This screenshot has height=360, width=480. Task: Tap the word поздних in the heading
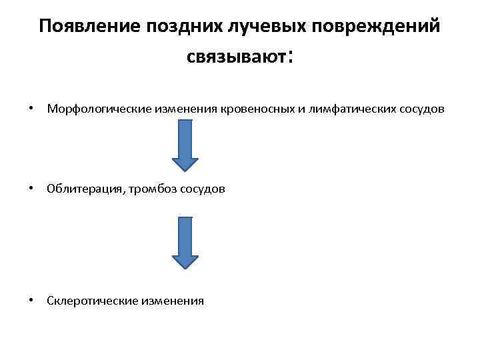tap(182, 27)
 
